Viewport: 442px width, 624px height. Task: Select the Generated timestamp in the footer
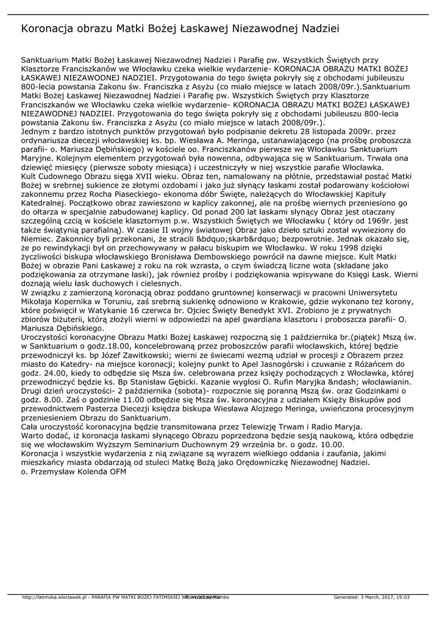(371, 597)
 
